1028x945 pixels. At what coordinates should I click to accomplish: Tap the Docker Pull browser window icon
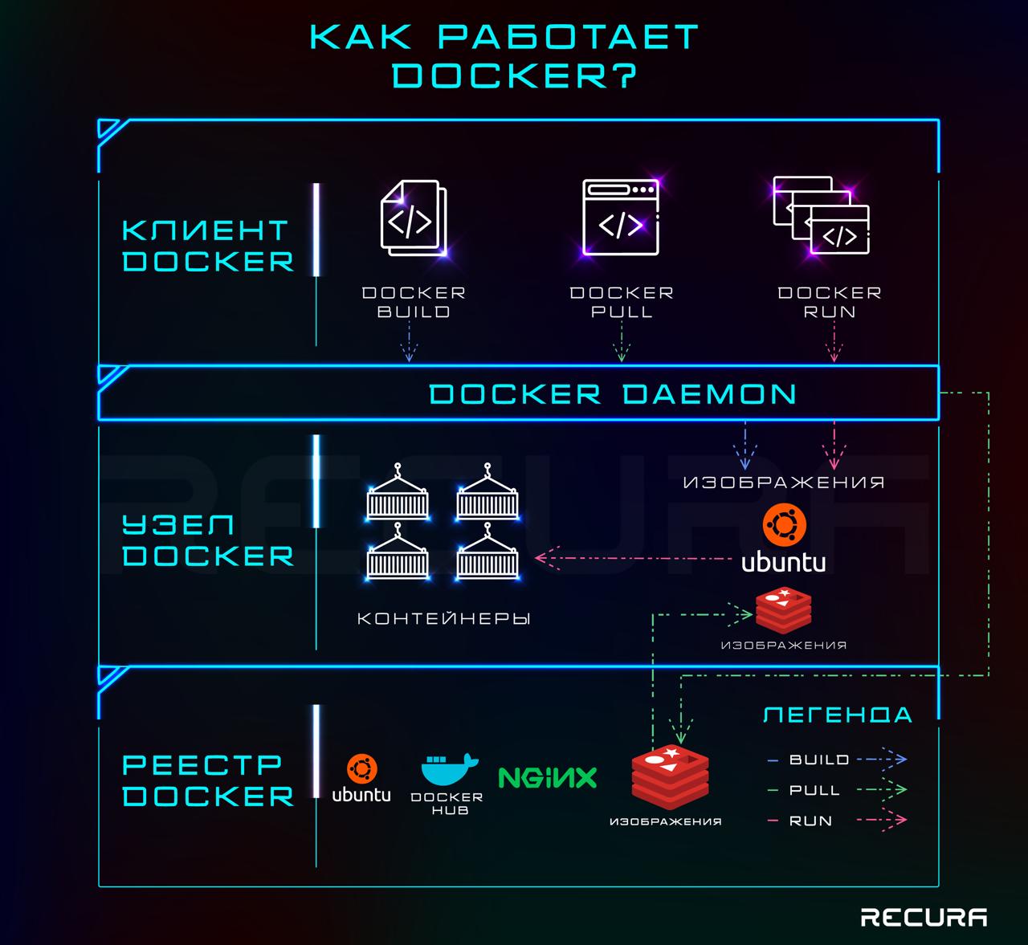(x=621, y=218)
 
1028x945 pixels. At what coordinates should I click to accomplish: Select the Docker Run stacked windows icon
(x=821, y=216)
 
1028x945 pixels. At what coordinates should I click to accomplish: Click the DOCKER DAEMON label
(x=613, y=393)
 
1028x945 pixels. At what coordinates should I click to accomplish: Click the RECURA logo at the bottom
(x=924, y=917)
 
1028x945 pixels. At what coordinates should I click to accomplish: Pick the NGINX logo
(x=548, y=776)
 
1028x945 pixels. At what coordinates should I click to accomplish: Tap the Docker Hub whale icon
(x=449, y=769)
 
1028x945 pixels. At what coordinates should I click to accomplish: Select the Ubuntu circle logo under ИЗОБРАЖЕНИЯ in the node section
(x=783, y=526)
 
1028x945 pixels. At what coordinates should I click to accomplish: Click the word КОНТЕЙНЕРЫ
(x=444, y=619)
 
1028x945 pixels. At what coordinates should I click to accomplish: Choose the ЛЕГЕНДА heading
(x=837, y=715)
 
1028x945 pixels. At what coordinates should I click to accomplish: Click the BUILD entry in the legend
(x=818, y=760)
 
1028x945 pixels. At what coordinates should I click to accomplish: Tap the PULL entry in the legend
(x=814, y=790)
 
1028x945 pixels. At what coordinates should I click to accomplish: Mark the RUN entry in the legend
(x=810, y=821)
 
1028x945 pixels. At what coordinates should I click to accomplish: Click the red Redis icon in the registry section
(x=670, y=778)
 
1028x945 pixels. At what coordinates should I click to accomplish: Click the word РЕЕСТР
(x=202, y=764)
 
